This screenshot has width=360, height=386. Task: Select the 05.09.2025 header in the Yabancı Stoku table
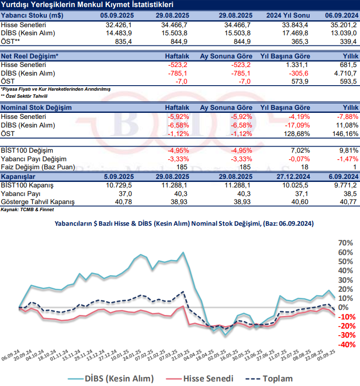116,16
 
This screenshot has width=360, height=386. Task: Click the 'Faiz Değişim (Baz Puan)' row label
38,167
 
